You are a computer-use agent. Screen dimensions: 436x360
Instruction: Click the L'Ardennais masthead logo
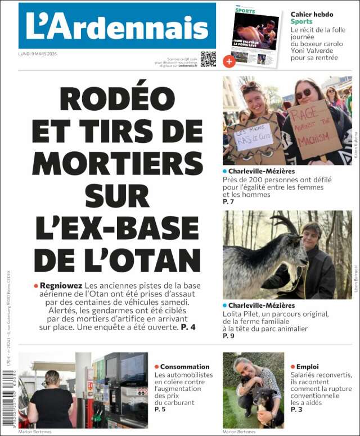click(x=117, y=26)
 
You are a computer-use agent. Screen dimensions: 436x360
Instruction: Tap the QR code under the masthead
click(x=208, y=59)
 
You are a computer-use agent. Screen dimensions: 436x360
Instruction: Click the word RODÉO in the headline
click(x=117, y=100)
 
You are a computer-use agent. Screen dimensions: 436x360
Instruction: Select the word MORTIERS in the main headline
click(x=117, y=163)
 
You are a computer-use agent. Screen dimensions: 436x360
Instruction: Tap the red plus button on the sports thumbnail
click(x=228, y=61)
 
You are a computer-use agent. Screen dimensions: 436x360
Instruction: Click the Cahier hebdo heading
click(x=312, y=15)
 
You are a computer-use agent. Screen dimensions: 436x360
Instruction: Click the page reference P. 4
click(x=188, y=326)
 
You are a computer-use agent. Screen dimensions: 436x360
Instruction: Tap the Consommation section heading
click(x=184, y=367)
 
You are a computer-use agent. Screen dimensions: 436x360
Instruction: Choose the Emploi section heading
click(x=307, y=367)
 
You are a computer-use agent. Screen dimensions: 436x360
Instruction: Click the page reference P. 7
click(x=228, y=201)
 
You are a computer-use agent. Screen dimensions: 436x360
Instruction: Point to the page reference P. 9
click(x=228, y=336)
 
